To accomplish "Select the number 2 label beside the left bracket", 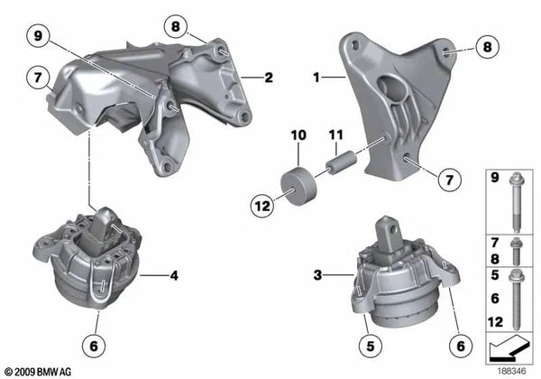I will tap(269, 79).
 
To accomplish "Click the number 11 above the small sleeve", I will tap(336, 136).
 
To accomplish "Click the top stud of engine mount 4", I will tap(105, 219).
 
